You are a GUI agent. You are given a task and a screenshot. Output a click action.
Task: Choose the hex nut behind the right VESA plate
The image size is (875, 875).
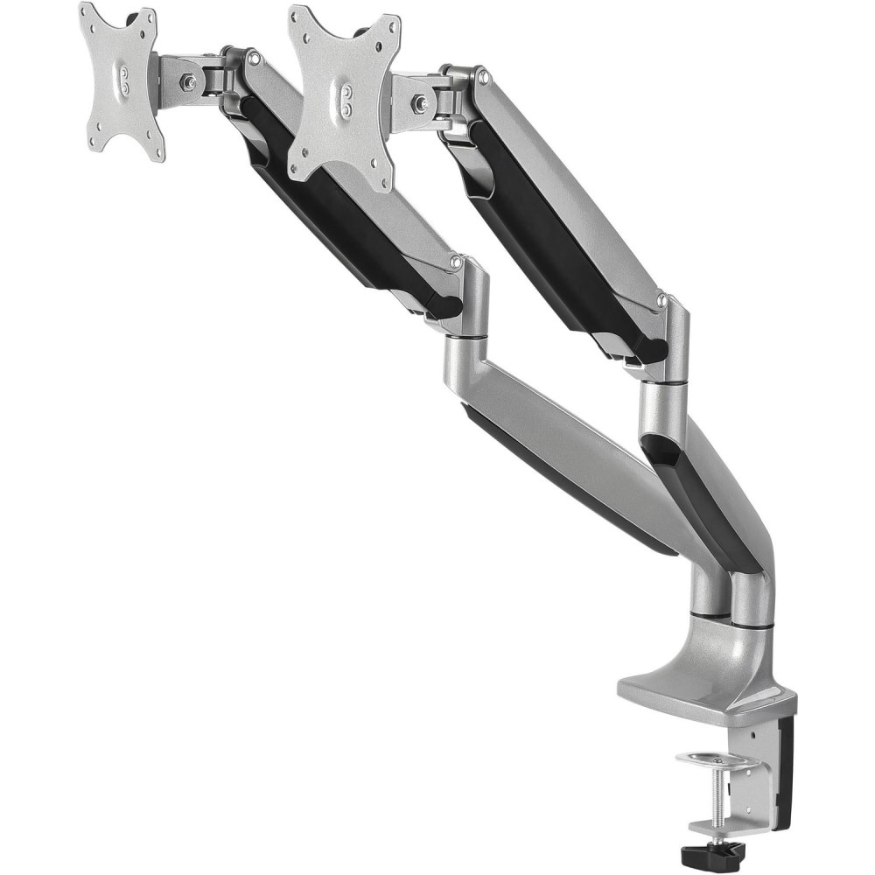(x=421, y=103)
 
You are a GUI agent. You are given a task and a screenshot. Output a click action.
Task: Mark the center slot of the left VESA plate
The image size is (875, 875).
(x=123, y=78)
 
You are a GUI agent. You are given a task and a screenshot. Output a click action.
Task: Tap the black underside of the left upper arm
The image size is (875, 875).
(x=341, y=219)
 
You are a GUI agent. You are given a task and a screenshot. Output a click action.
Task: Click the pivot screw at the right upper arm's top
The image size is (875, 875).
(x=481, y=78)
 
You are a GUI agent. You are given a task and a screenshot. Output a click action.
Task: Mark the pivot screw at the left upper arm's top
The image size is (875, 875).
(x=253, y=59)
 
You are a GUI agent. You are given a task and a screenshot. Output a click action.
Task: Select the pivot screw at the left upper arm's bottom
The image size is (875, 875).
(x=455, y=261)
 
